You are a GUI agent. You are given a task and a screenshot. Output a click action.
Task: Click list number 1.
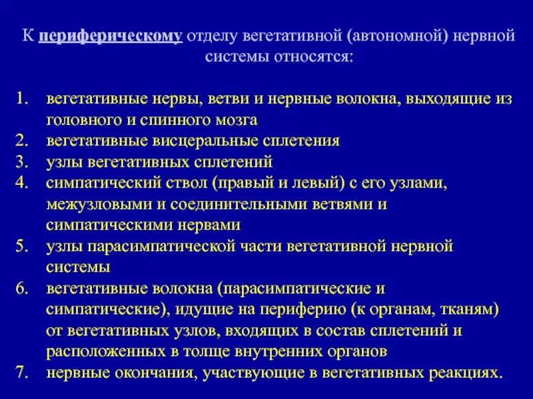coord(23,99)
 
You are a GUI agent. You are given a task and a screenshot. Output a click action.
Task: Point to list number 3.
coord(23,162)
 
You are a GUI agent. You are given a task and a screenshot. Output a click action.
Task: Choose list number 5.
coord(23,246)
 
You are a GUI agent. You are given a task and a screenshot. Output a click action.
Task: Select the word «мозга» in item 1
coord(235,120)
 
